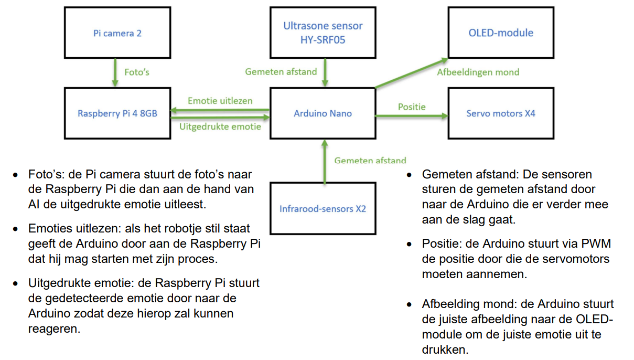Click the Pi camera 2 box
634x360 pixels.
coord(117,33)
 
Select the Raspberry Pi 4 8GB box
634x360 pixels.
coord(117,113)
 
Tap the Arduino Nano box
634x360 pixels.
coord(323,113)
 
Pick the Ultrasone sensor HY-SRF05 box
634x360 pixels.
coord(323,32)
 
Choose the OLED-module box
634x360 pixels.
coord(501,33)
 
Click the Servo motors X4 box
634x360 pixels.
coord(501,113)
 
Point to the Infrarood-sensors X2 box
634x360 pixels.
coord(323,209)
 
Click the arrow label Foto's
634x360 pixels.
coord(136,72)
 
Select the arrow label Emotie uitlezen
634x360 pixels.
coord(220,101)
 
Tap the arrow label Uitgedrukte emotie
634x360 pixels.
coord(220,126)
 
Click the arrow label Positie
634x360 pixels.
coord(412,107)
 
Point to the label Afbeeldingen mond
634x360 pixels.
coord(478,72)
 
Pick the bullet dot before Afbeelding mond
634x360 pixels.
coord(410,305)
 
